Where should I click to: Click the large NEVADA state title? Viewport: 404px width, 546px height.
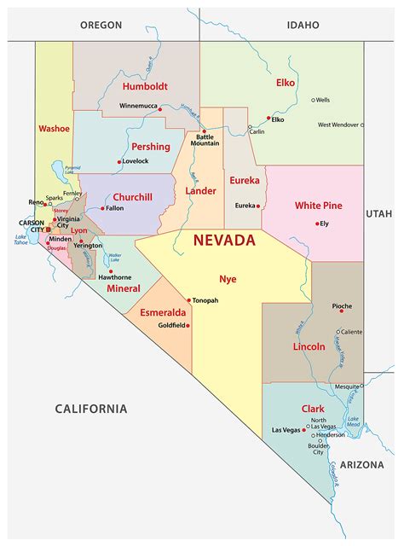pos(223,240)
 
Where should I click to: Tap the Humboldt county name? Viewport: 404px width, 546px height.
pos(144,86)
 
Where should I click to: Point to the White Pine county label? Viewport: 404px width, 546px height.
pos(319,206)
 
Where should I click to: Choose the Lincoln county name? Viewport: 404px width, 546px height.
pos(309,347)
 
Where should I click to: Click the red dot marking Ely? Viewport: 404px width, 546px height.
pos(315,224)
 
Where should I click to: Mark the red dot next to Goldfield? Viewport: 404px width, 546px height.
pos(188,325)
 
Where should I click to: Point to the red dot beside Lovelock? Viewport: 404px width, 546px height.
pos(118,160)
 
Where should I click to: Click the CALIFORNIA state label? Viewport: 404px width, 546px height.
pos(91,409)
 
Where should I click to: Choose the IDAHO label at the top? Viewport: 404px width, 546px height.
pos(303,25)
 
